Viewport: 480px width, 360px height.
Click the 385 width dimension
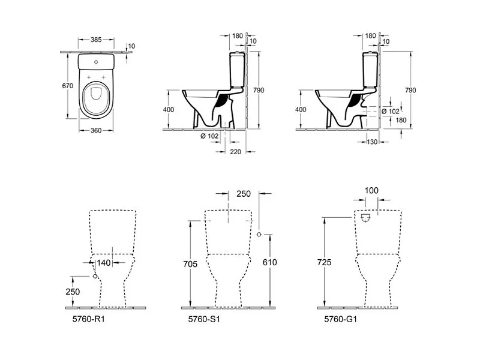tap(96, 40)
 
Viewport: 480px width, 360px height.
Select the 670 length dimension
tap(67, 86)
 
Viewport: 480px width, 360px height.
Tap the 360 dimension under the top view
tap(96, 130)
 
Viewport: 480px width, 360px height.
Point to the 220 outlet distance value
tap(235, 152)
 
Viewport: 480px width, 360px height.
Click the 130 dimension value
tap(372, 142)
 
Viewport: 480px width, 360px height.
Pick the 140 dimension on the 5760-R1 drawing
tap(103, 263)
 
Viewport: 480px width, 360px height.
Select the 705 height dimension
tap(190, 264)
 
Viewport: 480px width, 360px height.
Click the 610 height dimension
tap(269, 262)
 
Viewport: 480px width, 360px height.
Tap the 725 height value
tap(324, 262)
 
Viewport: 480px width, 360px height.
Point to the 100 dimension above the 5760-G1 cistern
tap(371, 190)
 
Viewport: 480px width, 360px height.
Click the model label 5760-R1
tap(88, 319)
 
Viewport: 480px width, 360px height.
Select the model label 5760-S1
tap(204, 319)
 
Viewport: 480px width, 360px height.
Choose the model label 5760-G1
tap(340, 319)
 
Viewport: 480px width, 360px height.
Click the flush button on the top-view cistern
tap(96, 62)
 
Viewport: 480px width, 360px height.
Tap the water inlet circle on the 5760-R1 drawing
tap(95, 276)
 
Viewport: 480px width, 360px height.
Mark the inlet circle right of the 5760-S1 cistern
tap(259, 234)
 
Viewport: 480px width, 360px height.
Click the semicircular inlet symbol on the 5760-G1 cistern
tap(366, 218)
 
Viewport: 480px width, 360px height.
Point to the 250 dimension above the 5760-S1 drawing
tap(244, 194)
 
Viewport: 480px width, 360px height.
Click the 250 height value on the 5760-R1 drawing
tap(73, 292)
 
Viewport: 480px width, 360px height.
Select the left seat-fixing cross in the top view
tap(89, 77)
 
